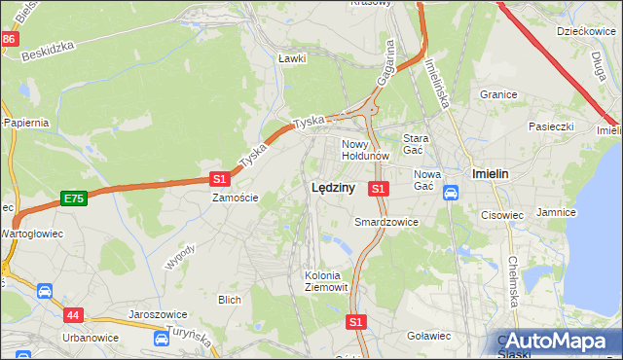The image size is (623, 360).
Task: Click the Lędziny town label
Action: pyautogui.click(x=332, y=188)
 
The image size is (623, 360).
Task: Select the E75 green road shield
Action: pyautogui.click(x=73, y=198)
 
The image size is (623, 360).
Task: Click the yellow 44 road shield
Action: pyautogui.click(x=74, y=314)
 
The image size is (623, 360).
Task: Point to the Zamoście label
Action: pyautogui.click(x=236, y=198)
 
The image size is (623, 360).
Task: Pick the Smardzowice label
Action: pyautogui.click(x=385, y=222)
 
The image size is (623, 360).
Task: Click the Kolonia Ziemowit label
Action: pyautogui.click(x=322, y=280)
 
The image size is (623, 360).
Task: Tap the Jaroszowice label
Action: pyautogui.click(x=157, y=315)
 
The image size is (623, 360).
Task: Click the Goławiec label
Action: pyautogui.click(x=428, y=336)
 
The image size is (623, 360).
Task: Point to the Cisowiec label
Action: pyautogui.click(x=502, y=215)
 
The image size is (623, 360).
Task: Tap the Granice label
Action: pyautogui.click(x=497, y=94)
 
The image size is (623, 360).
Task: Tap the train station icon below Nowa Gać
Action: pyautogui.click(x=451, y=193)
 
